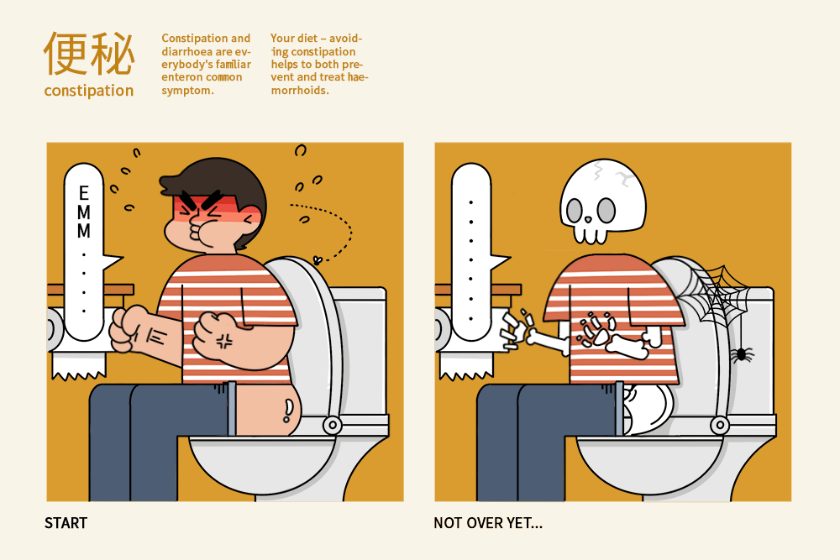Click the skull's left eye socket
[x=575, y=211]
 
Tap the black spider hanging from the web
[x=742, y=353]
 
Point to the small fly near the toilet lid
[x=318, y=260]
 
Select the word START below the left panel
[x=66, y=523]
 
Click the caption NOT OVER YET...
[x=487, y=523]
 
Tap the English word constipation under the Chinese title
[x=89, y=91]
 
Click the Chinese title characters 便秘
[x=89, y=54]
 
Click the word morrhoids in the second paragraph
[x=300, y=90]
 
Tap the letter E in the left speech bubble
[x=83, y=193]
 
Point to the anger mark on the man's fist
[x=224, y=341]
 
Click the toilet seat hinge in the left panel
[x=332, y=425]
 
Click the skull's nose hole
[x=588, y=219]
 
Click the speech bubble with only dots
[x=472, y=252]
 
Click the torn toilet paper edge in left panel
[x=79, y=374]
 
